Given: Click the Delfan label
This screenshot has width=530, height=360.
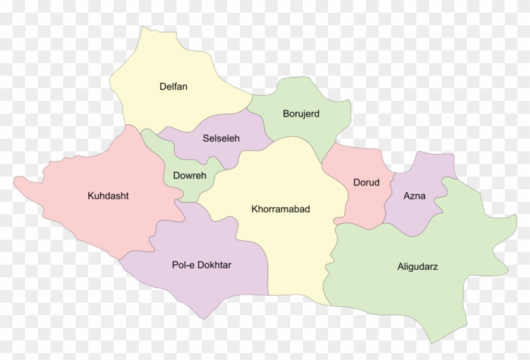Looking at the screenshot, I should (x=173, y=86).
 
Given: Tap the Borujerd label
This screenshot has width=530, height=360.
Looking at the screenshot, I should (x=301, y=114).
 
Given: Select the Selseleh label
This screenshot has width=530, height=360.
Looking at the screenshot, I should (x=221, y=138).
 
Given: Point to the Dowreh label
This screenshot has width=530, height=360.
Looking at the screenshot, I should (x=185, y=175).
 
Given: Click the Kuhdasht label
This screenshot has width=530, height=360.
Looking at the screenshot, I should (x=108, y=195).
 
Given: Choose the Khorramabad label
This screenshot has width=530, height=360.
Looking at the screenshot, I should (x=280, y=209).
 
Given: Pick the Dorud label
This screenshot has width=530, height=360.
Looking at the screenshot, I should (x=366, y=183).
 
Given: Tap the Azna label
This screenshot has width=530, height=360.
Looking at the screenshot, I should (x=414, y=195).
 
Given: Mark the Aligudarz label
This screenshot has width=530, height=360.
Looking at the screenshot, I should (x=417, y=267).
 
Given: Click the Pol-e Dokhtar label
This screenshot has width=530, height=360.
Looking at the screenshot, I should (x=201, y=265).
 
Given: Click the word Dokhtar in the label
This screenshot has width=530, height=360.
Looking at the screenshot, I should (x=215, y=265).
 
